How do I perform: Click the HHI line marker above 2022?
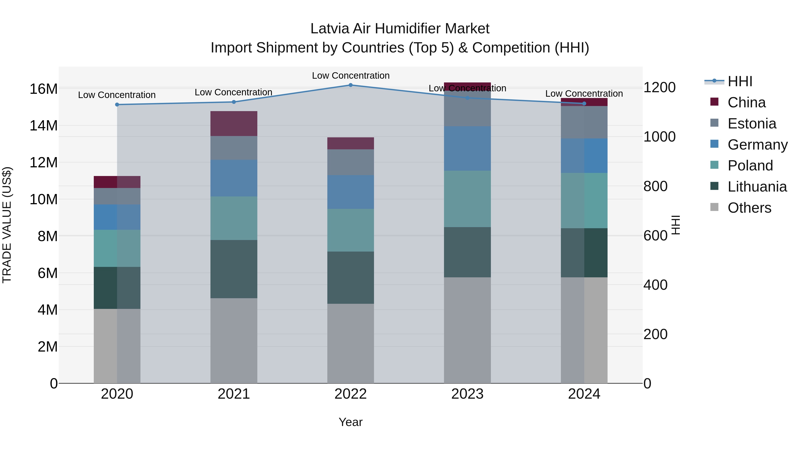[351, 85]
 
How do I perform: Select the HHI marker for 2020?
[117, 105]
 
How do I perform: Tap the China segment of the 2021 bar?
[234, 123]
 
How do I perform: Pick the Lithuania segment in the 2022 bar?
[351, 277]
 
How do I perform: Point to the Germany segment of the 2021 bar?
[234, 178]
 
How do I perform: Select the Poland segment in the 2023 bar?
[467, 199]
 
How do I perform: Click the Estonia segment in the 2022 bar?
[351, 162]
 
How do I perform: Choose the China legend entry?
[746, 102]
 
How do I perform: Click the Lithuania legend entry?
[757, 187]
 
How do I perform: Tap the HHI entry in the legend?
[740, 81]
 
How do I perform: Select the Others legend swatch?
[714, 207]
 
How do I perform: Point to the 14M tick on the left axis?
[44, 126]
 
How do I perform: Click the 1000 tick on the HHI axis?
[659, 137]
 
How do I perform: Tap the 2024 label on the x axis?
[584, 394]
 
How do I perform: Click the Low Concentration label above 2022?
[351, 76]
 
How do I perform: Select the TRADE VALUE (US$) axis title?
[7, 225]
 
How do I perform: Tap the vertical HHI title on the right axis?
[676, 225]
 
